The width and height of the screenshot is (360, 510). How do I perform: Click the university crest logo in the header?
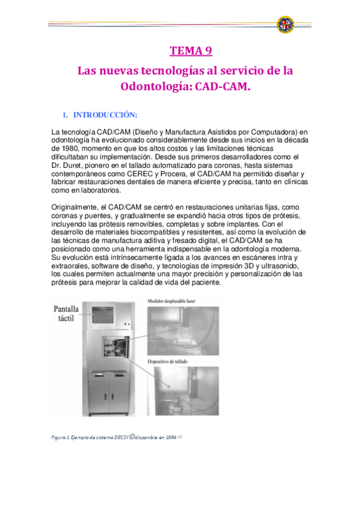285,25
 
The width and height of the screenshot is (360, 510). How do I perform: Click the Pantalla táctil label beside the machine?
58,314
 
